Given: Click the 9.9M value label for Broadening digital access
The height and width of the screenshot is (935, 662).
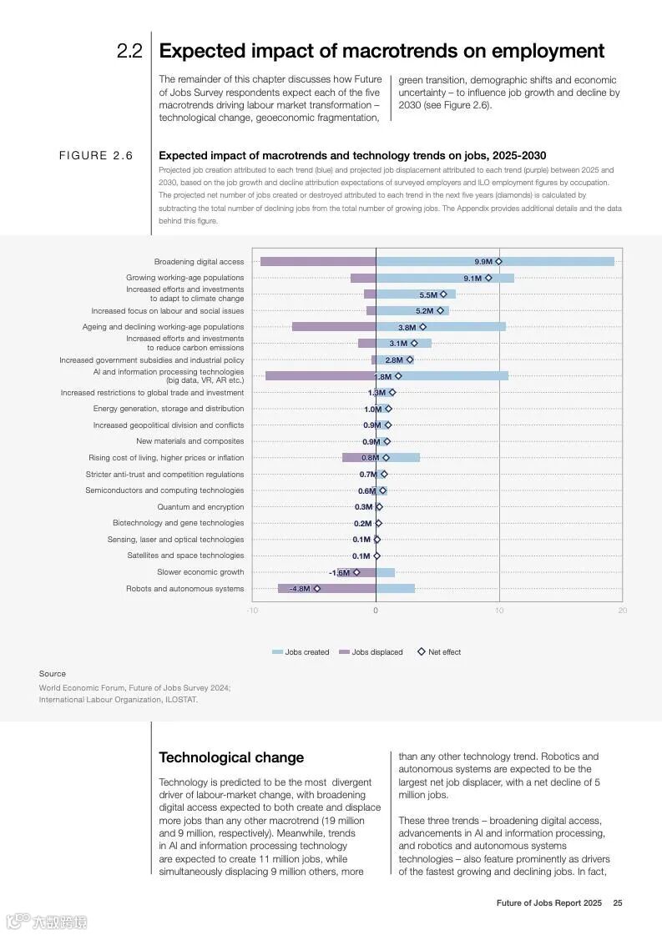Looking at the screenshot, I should pos(483,262).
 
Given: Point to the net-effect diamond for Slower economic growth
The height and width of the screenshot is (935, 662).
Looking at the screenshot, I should pos(356,572).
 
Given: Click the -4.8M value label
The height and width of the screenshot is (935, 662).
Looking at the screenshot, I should pos(300,589).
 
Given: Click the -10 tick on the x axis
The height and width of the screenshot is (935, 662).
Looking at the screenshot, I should pos(252,611).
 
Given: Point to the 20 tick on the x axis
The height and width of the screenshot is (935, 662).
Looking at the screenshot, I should pos(622,611).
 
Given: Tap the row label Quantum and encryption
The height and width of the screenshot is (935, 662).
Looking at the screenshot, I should pos(200,507).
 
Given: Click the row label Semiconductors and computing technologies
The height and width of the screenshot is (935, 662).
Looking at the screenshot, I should pos(164,490).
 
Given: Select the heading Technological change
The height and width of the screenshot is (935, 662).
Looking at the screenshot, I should pos(231,757).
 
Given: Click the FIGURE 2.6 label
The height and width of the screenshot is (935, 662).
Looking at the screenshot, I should pos(95,156).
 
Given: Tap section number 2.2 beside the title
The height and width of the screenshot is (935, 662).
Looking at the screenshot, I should pos(129,51).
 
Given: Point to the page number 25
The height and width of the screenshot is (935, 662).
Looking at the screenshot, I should pos(618,903).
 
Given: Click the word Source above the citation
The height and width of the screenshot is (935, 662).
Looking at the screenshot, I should pos(52,674).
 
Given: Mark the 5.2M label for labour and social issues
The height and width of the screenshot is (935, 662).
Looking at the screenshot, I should pos(425,311).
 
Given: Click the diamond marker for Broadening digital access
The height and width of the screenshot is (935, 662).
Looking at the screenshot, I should pos(498,262).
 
